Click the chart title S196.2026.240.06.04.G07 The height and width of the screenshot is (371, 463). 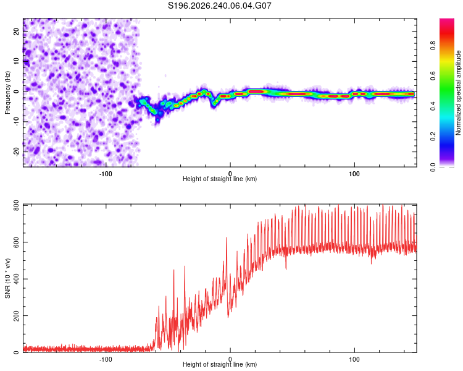click(x=219, y=6)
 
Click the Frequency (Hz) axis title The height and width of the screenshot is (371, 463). click(x=7, y=93)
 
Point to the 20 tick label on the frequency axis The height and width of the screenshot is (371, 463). click(x=17, y=32)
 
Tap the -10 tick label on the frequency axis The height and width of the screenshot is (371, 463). click(x=17, y=121)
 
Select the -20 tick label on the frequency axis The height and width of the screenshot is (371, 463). click(x=17, y=151)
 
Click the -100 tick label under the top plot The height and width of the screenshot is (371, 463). click(x=106, y=174)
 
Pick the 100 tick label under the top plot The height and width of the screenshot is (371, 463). click(x=354, y=174)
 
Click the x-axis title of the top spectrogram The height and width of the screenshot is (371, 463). click(x=220, y=179)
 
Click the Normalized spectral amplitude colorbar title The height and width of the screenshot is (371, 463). click(x=458, y=93)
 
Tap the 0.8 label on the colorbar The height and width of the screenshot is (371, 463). click(x=433, y=46)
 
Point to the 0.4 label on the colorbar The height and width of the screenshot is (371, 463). click(x=433, y=106)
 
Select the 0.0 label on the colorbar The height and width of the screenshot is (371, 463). click(x=433, y=167)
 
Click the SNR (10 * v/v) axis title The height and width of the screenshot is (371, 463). click(x=7, y=278)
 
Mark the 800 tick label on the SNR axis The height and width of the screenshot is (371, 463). click(x=17, y=205)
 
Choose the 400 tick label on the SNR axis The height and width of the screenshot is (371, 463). click(x=17, y=279)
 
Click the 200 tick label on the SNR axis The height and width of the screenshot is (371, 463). click(x=17, y=316)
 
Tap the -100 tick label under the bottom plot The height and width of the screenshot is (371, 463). click(x=106, y=359)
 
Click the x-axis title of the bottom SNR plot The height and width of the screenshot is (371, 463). click(x=220, y=364)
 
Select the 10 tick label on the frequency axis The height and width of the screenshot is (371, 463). click(x=17, y=61)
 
